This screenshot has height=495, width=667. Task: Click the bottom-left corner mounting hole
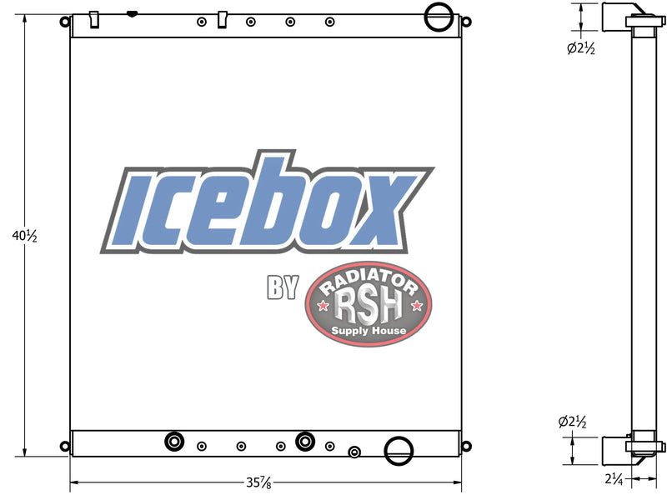(64, 446)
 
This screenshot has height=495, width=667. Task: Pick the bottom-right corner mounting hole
(467, 446)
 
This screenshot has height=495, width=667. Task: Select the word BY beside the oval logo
(283, 287)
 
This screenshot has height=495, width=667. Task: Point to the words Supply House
(369, 331)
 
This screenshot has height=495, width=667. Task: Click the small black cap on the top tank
(131, 14)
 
